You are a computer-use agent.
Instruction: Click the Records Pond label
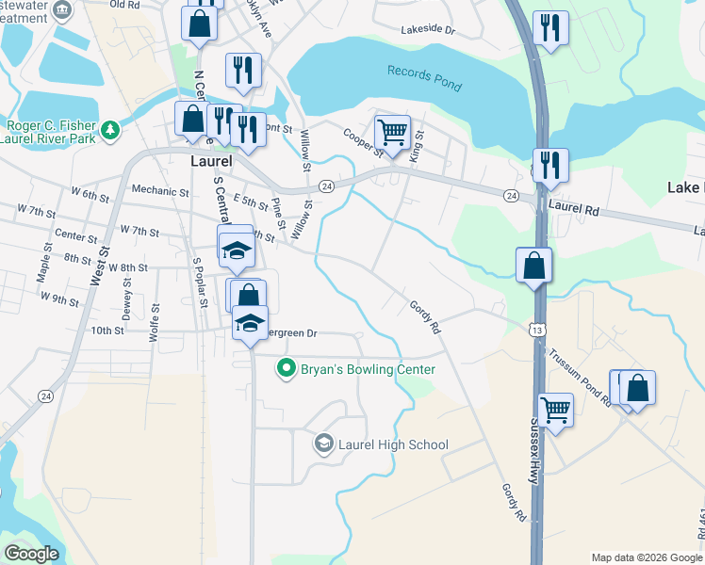pos(424,79)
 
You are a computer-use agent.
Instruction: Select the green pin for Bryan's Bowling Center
pos(287,369)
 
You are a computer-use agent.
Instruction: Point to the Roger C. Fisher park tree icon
pos(111,128)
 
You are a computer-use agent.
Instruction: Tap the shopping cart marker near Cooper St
pos(392,131)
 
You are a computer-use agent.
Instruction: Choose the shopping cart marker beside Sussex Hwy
pos(556,410)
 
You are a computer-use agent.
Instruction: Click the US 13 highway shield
pos(535,330)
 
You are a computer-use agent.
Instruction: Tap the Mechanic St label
pos(160,191)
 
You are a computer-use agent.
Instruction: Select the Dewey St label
pos(127,306)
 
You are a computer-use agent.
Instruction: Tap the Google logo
pos(32,553)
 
